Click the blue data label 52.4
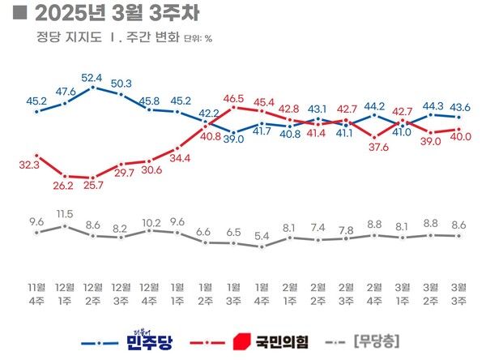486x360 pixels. coord(94,78)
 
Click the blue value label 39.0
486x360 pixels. coord(235,139)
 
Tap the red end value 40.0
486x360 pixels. coord(461,138)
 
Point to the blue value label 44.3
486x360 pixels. coord(433,105)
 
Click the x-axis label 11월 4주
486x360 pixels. coord(36,293)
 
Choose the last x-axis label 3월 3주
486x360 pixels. coord(459,293)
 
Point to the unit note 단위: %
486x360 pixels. coord(198,38)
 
